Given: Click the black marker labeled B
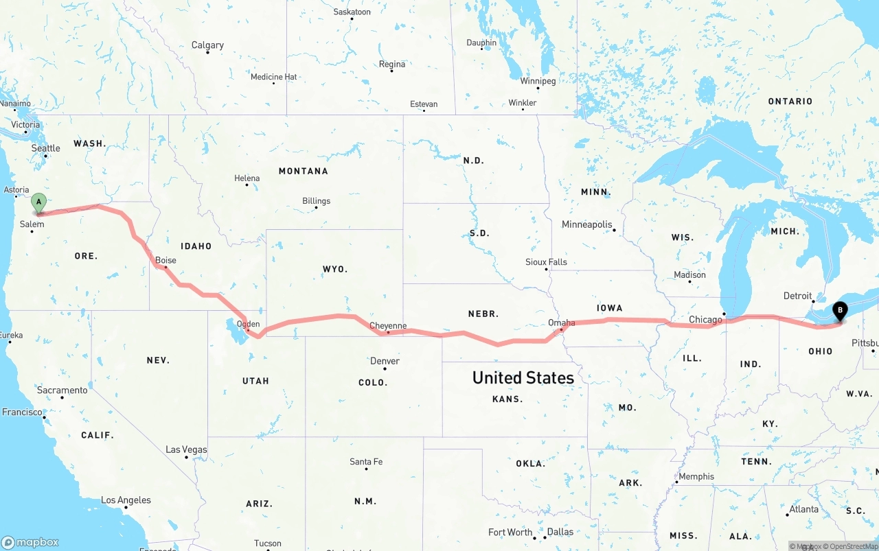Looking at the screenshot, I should [x=840, y=311].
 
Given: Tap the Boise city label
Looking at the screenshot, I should [x=165, y=260].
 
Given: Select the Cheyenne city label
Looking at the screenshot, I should [x=388, y=325].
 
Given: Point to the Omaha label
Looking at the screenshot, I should [x=562, y=322].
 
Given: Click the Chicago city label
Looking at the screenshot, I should [x=705, y=319].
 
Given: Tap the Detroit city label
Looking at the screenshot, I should [x=797, y=296].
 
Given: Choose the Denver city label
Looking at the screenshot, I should [x=385, y=361].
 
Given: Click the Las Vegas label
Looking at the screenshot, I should [x=186, y=449].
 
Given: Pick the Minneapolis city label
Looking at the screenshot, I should [x=586, y=224].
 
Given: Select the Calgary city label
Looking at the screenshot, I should [x=207, y=45].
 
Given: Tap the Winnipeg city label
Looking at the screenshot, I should [x=538, y=81].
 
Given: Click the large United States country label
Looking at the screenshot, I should [x=523, y=377].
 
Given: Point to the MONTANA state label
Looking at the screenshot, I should [x=303, y=171].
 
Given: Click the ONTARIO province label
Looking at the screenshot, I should [x=790, y=102].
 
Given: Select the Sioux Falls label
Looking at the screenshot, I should [x=546, y=261].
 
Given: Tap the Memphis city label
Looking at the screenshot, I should [x=696, y=476].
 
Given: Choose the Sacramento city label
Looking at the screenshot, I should [x=62, y=390].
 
